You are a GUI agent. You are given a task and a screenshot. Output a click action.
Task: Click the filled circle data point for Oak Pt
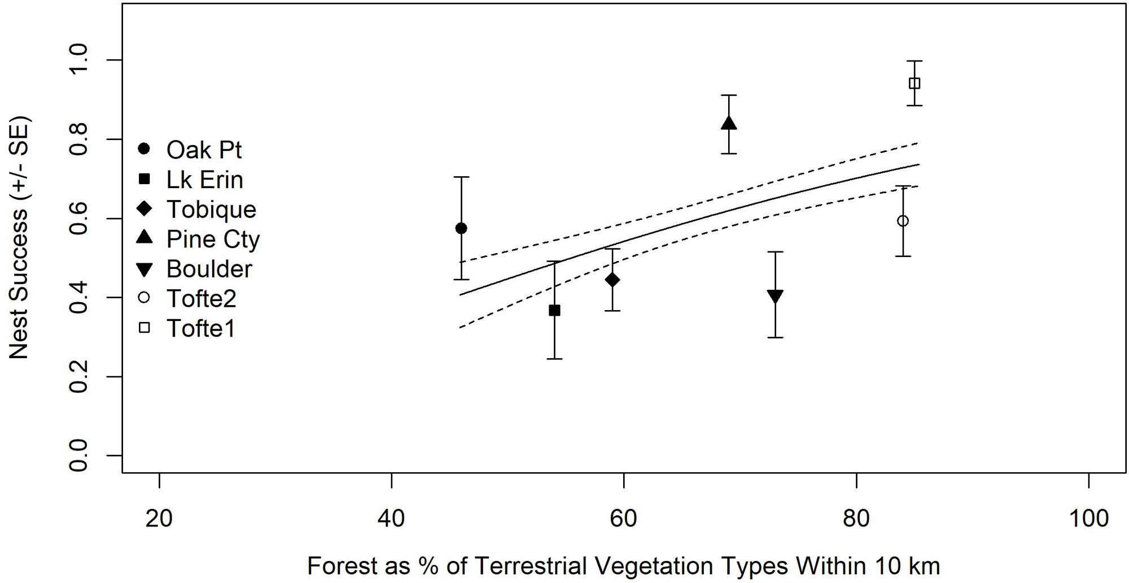(461, 228)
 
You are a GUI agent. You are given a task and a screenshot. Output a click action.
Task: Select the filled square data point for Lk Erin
(554, 310)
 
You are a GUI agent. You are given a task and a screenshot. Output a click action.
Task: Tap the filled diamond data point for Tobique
(612, 280)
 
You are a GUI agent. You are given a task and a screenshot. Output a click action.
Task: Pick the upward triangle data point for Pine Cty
(729, 123)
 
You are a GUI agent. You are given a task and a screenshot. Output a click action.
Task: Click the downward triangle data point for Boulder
(775, 296)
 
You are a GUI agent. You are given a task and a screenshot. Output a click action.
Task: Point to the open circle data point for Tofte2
(903, 220)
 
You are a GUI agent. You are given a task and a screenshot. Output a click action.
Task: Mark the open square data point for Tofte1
(914, 84)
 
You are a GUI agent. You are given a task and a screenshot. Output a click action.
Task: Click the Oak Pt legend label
(204, 150)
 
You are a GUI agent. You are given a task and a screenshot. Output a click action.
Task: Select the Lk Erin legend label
(204, 180)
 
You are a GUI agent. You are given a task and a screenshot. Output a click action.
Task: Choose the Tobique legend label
(211, 210)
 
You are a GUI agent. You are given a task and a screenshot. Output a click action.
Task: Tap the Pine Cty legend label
(213, 240)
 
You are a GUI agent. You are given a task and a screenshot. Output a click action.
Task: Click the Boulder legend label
(209, 269)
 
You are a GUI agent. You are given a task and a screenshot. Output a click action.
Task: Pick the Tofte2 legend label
(201, 299)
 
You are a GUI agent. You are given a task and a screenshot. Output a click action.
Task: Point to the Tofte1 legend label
(200, 329)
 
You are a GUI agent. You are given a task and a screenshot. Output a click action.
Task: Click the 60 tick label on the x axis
(624, 518)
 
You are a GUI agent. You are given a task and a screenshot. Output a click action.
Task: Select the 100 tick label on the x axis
(1088, 518)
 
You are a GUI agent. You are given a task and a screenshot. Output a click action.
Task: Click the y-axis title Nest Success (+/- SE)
(19, 237)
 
